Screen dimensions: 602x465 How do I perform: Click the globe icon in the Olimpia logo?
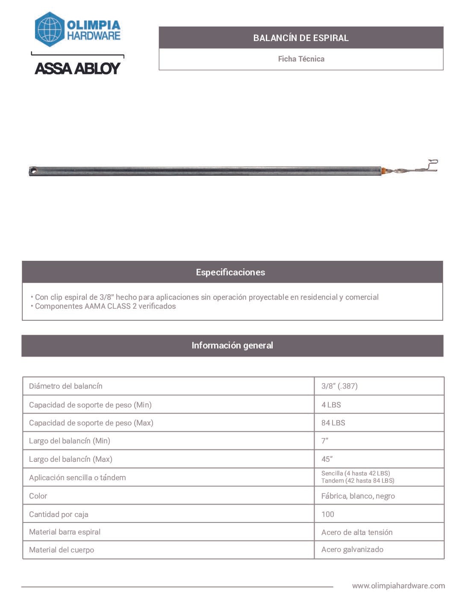click(x=50, y=29)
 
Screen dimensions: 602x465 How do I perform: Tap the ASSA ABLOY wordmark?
click(x=77, y=68)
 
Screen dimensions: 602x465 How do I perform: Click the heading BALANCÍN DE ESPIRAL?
click(x=301, y=38)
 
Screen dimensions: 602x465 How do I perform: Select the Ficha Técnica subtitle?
click(x=301, y=59)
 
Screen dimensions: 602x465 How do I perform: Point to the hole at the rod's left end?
click(x=33, y=171)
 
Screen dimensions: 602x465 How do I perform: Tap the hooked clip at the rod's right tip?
click(x=432, y=165)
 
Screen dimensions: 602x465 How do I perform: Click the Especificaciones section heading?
click(x=230, y=272)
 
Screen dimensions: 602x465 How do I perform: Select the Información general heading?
click(x=232, y=345)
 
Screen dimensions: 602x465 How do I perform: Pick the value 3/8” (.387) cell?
click(x=339, y=386)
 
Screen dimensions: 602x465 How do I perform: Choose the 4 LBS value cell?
click(x=331, y=405)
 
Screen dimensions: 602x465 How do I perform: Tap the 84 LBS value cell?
click(x=333, y=423)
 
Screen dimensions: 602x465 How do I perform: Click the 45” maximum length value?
click(x=327, y=459)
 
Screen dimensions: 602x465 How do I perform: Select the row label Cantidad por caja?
click(x=59, y=514)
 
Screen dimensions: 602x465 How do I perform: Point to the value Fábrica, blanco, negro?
click(x=358, y=496)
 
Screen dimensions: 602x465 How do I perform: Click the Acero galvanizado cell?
click(x=352, y=550)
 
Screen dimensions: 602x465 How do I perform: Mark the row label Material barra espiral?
click(x=65, y=532)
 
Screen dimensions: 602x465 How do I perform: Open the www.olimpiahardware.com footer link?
click(x=398, y=586)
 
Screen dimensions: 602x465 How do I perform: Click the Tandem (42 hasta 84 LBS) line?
click(x=358, y=481)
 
